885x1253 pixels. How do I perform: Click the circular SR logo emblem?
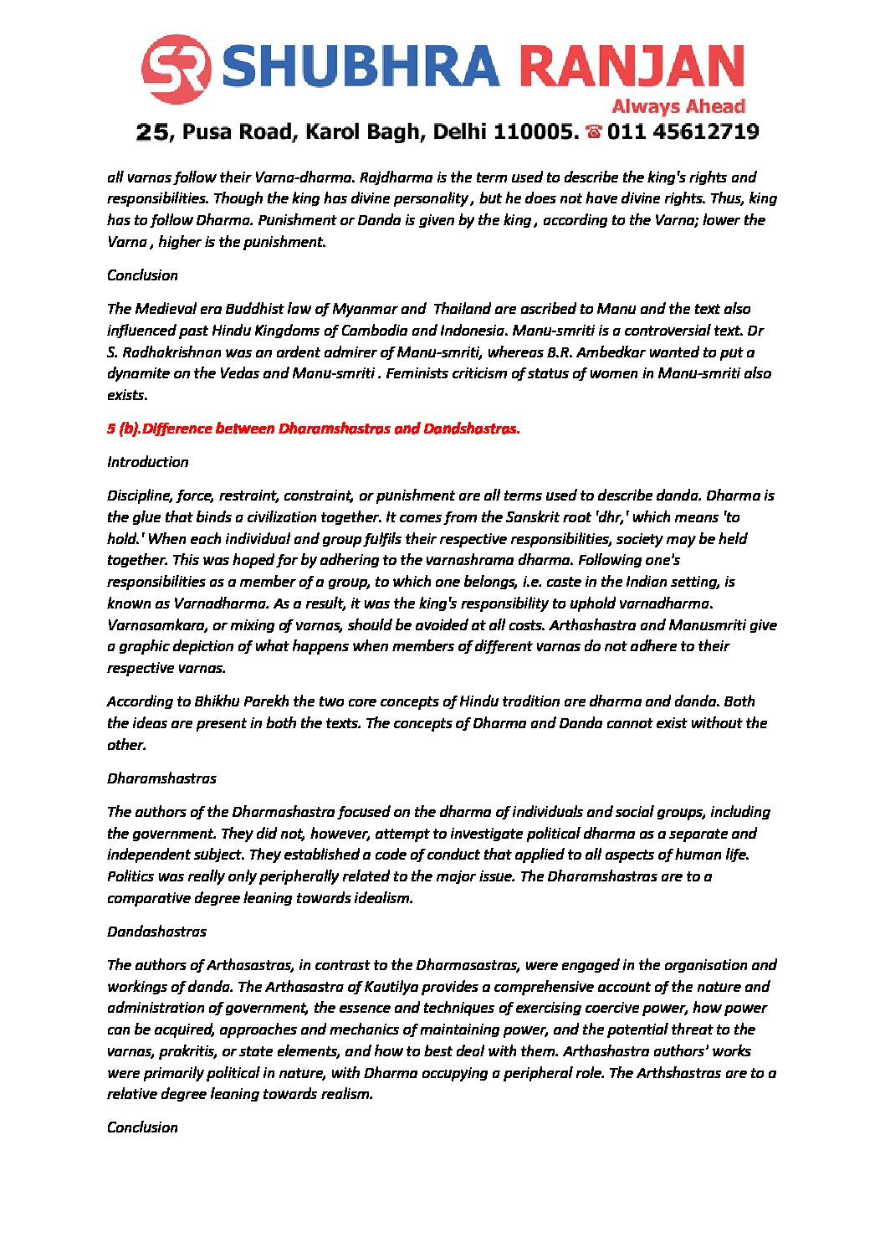176,69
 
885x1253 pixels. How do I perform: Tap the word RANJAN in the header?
631,68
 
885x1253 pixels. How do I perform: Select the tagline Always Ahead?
678,106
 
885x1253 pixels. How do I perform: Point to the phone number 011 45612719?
683,132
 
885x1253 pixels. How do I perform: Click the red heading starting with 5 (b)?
313,429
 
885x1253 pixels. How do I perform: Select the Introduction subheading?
148,462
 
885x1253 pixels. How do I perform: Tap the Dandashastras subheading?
156,932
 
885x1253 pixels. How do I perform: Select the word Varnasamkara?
154,625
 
